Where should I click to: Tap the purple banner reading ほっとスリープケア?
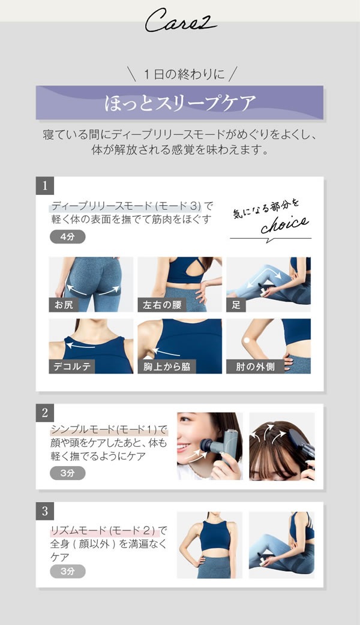180,103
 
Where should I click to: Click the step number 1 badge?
45,185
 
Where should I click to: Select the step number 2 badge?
45,412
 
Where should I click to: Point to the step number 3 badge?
45,511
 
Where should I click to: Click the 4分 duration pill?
67,236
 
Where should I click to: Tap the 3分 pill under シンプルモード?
67,473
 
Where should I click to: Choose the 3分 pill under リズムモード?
67,571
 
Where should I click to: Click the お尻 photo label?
64,305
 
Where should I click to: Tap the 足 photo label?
236,305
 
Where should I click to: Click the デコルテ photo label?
73,366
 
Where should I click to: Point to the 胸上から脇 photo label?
166,366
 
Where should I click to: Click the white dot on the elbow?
246,341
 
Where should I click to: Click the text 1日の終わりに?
179,74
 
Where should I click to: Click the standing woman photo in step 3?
209,545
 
